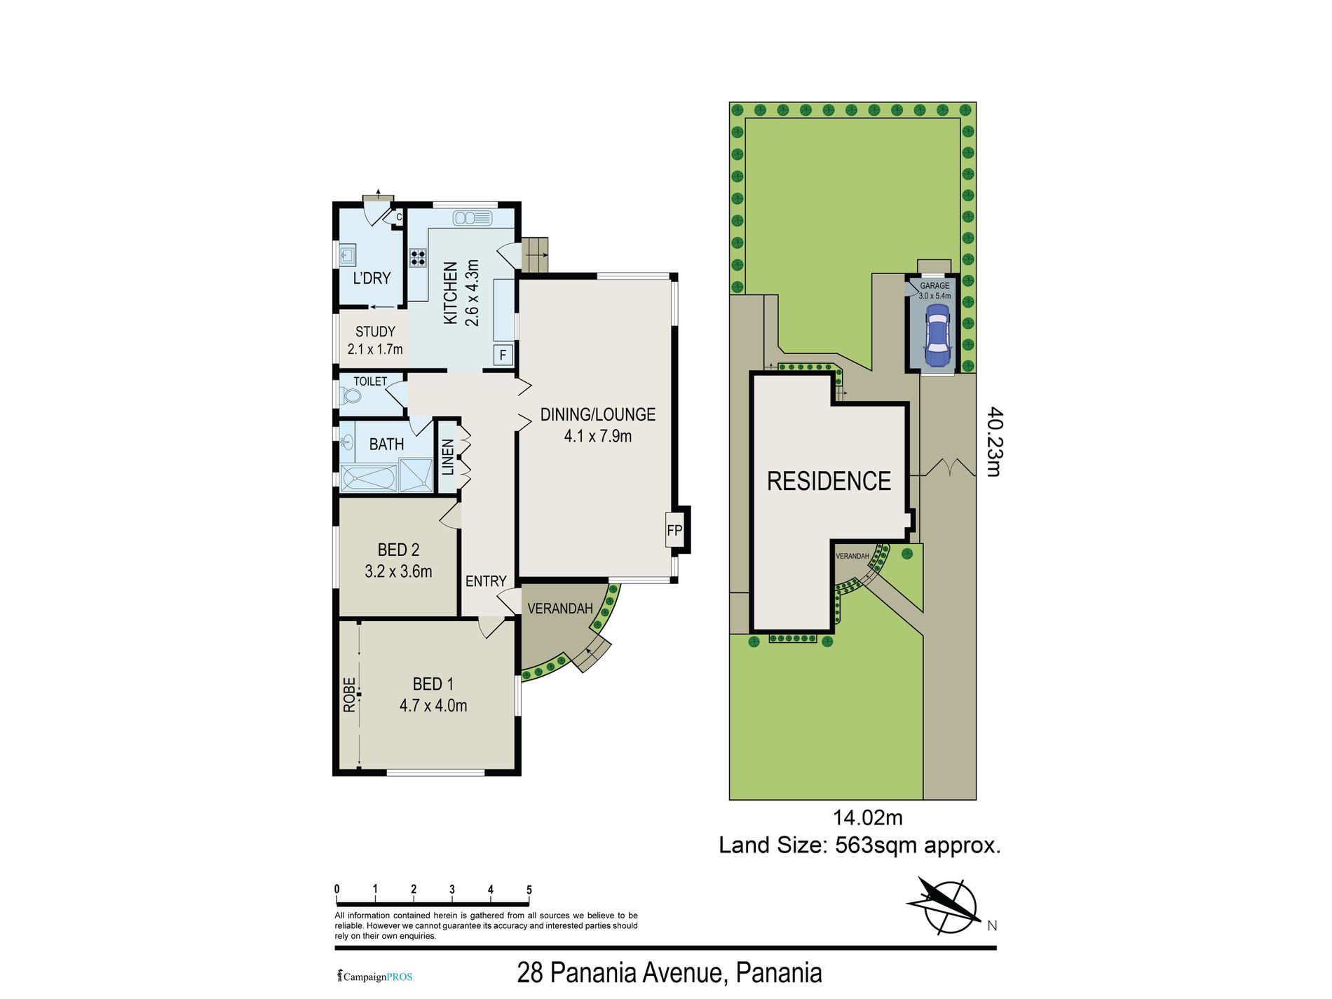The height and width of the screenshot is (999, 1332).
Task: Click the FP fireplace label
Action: [x=674, y=531]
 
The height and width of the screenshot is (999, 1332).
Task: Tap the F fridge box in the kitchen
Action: [x=503, y=355]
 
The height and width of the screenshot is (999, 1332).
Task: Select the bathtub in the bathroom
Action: [x=369, y=479]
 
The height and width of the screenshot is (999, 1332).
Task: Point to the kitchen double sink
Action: [x=473, y=218]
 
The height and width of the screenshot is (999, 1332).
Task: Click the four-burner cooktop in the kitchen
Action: [x=418, y=257]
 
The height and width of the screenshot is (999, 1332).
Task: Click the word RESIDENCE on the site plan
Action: [x=829, y=481]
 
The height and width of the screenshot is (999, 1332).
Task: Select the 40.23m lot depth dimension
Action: [x=994, y=442]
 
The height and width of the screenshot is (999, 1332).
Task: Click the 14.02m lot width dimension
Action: [x=867, y=817]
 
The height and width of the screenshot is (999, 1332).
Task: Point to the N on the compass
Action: [x=992, y=925]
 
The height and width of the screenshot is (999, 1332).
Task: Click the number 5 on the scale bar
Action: [x=529, y=890]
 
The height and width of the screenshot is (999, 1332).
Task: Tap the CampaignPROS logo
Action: [x=375, y=977]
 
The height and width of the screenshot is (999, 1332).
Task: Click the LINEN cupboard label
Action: [x=448, y=456]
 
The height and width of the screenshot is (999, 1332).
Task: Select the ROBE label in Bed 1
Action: [x=349, y=695]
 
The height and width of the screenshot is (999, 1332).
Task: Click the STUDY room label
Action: [x=375, y=332]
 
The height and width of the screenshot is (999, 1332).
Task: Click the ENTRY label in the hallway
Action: [x=486, y=581]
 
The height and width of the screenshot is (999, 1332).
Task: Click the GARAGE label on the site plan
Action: [x=935, y=286]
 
